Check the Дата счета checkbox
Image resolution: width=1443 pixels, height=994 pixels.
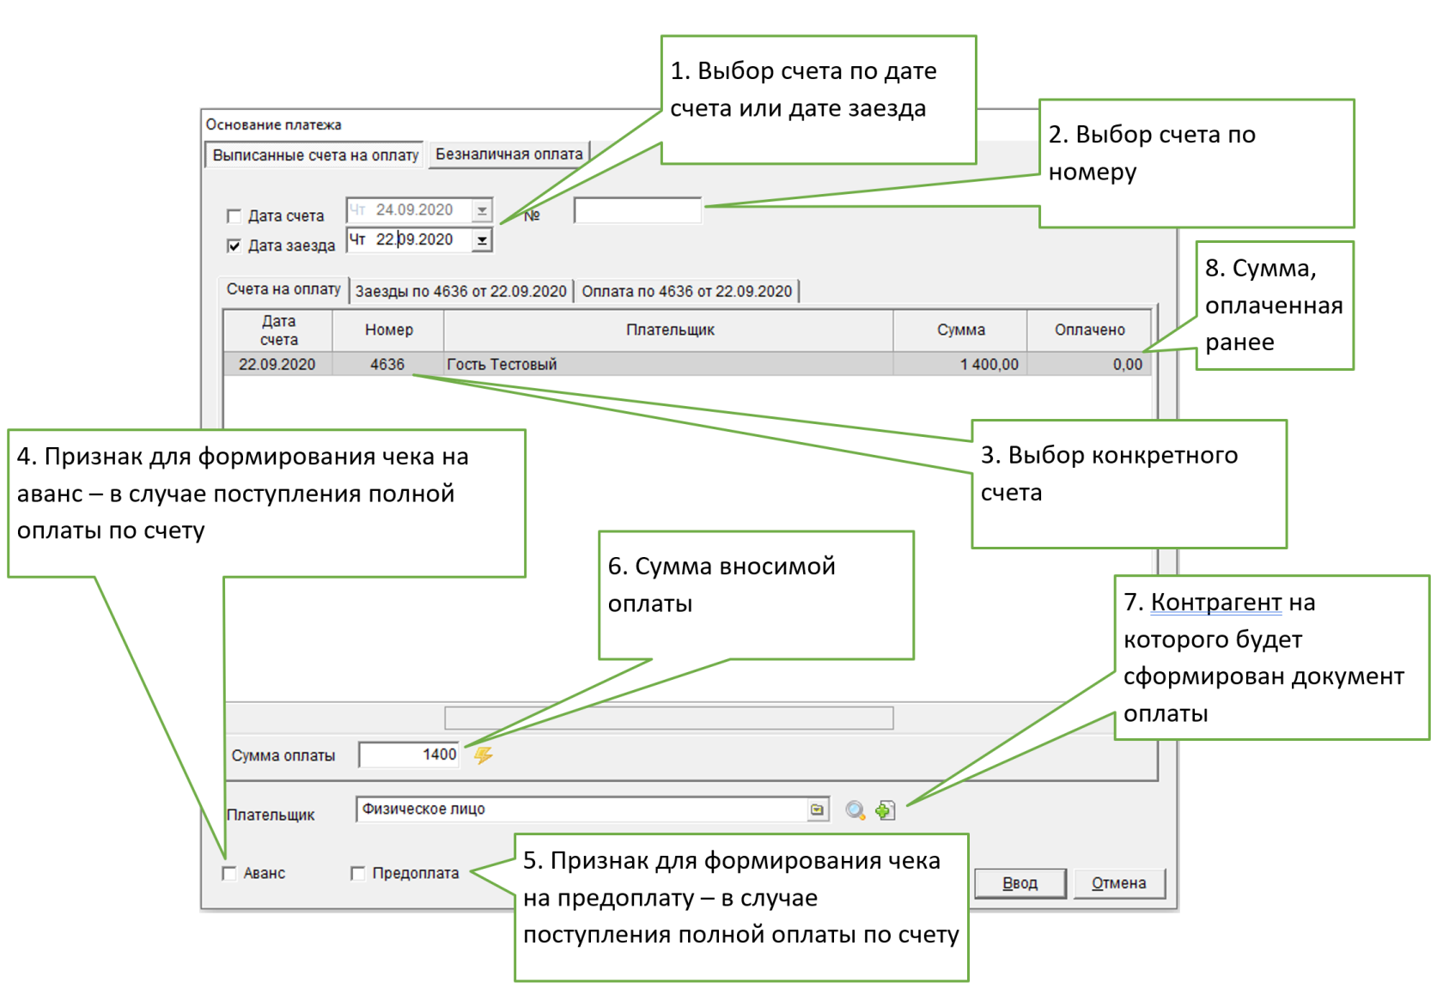234,215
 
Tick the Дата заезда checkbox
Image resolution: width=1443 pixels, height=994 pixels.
234,245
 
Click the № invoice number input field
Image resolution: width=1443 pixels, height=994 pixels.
637,210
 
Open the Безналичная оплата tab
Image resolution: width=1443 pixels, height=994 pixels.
508,155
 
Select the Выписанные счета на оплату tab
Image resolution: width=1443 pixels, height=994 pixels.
315,155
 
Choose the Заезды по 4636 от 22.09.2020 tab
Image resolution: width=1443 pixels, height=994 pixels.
461,292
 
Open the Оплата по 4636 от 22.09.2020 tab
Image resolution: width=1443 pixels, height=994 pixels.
687,292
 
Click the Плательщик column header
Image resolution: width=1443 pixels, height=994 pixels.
669,330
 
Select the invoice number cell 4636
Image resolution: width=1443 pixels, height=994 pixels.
387,365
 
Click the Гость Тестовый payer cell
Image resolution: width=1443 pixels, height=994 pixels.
502,365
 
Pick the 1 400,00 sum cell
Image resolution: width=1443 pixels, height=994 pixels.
989,365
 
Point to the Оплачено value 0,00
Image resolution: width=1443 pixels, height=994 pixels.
1127,365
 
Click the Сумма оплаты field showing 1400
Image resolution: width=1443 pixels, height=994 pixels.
410,755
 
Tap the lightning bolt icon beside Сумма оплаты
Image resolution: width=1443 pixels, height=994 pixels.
484,755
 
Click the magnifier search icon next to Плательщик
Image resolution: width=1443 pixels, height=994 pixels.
855,810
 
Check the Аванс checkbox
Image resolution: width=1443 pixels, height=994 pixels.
229,873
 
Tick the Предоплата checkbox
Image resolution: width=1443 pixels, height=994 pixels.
358,873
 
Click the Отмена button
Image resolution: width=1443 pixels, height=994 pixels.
1118,883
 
